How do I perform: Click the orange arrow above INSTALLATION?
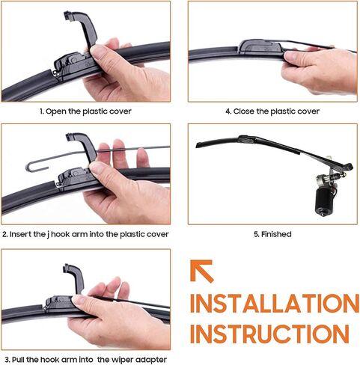(201, 271)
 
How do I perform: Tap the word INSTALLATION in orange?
(275, 304)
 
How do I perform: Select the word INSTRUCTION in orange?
(269, 334)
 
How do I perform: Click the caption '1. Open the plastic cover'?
(85, 111)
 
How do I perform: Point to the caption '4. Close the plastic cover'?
(272, 111)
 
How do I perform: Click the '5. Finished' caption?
(272, 234)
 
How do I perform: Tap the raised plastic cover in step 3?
(75, 278)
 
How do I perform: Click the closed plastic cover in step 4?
(260, 46)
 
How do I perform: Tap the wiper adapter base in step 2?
(73, 178)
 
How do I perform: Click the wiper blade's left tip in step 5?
(197, 146)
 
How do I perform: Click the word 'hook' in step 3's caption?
(49, 360)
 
